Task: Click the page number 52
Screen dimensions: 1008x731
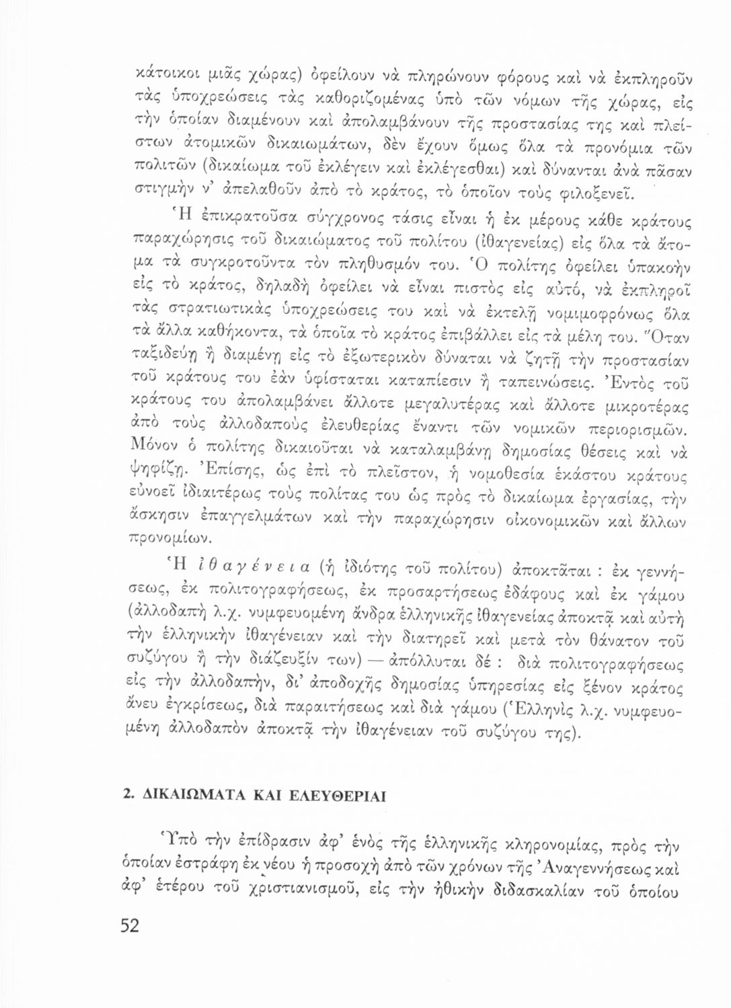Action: [129, 925]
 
